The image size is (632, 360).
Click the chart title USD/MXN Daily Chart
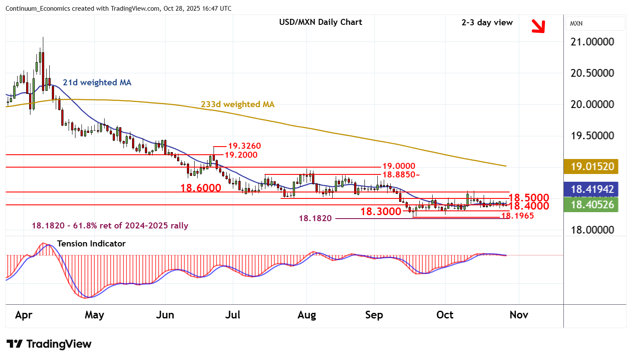pyautogui.click(x=320, y=22)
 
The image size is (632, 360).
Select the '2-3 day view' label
pyautogui.click(x=487, y=23)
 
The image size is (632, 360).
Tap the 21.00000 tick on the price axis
pyautogui.click(x=592, y=42)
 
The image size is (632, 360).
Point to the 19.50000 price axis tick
pyautogui.click(x=592, y=136)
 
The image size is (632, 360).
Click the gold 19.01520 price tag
pyautogui.click(x=592, y=167)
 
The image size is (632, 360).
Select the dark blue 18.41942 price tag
pyautogui.click(x=592, y=189)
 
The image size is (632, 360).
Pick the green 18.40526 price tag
pyautogui.click(x=592, y=204)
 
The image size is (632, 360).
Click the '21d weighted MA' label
pyautogui.click(x=97, y=83)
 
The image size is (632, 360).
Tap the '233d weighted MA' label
pyautogui.click(x=238, y=105)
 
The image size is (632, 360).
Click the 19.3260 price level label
pyautogui.click(x=244, y=146)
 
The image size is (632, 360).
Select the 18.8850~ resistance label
pyautogui.click(x=401, y=175)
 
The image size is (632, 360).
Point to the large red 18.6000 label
pyautogui.click(x=201, y=188)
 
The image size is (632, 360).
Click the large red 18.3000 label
pyautogui.click(x=381, y=211)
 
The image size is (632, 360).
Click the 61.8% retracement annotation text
pyautogui.click(x=110, y=226)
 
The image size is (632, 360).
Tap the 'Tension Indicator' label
pyautogui.click(x=91, y=244)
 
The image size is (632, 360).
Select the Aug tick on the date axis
pyautogui.click(x=307, y=315)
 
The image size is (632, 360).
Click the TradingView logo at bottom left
pyautogui.click(x=49, y=344)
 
